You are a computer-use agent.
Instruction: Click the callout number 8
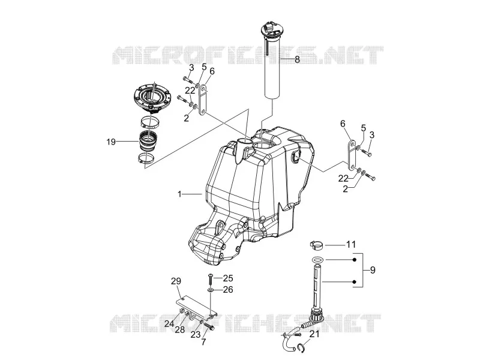pos(297,59)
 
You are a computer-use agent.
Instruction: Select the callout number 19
pos(111,142)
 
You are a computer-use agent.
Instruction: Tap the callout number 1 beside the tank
pos(179,194)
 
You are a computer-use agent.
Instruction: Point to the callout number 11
pos(351,245)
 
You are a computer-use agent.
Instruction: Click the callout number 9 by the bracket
pos(373,270)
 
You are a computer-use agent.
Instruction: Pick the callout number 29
pos(176,281)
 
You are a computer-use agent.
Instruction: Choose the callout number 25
pos(228,278)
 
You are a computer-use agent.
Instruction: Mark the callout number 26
pos(228,289)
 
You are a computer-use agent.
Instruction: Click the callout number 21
pos(314,334)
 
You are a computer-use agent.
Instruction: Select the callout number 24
pos(169,323)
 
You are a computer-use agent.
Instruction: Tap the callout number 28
pos(180,329)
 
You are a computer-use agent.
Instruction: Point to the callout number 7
pos(204,341)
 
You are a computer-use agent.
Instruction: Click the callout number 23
pos(196,335)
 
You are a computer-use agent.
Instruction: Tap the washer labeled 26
pos(211,289)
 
